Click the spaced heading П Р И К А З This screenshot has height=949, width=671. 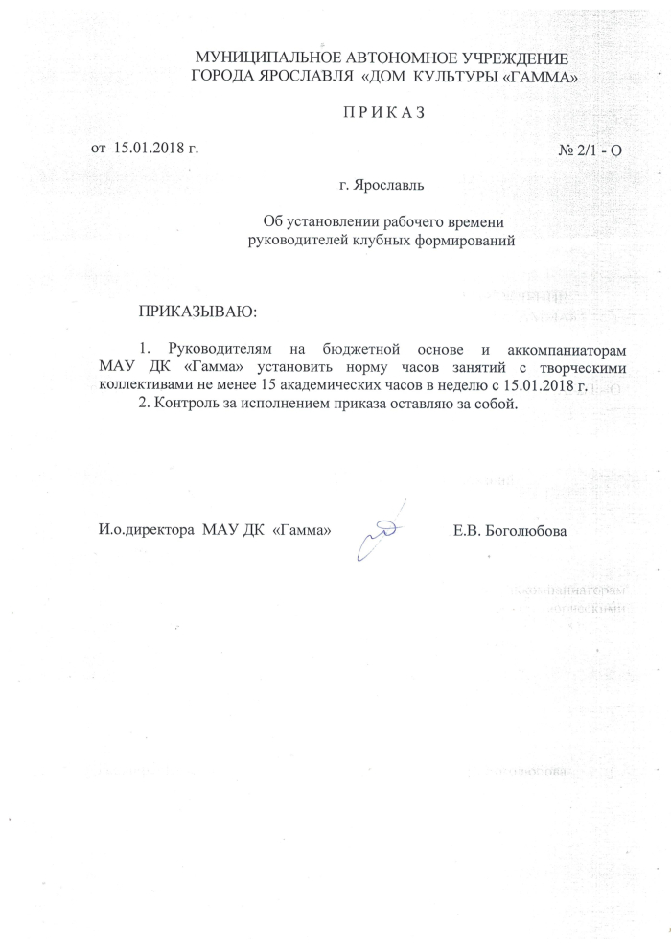coord(382,113)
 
